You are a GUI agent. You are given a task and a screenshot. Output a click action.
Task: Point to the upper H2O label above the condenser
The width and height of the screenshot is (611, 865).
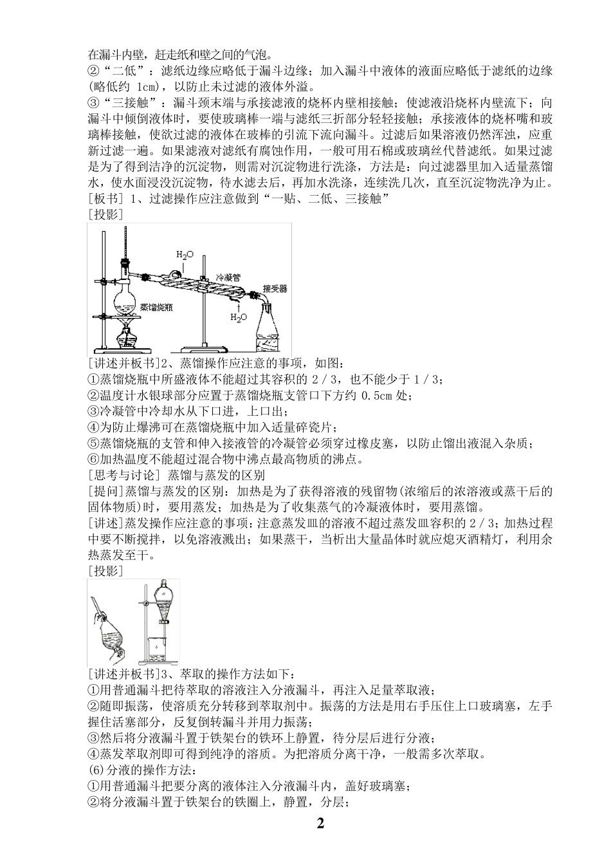coord(184,256)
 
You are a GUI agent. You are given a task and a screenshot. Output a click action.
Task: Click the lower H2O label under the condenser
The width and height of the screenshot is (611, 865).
coord(237,318)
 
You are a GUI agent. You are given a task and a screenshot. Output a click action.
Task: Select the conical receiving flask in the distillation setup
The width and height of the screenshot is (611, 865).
coord(269,328)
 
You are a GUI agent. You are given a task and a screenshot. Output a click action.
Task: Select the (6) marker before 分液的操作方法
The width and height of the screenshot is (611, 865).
coord(94,770)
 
